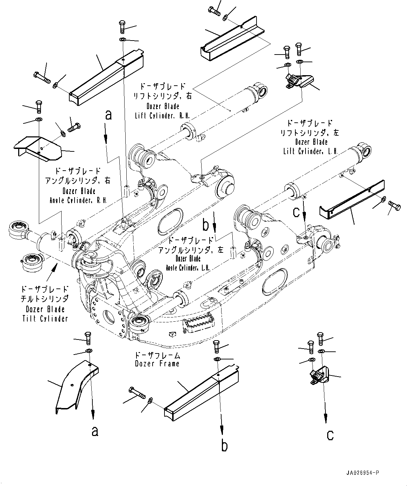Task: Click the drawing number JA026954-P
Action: tap(362, 473)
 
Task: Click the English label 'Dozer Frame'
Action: tap(157, 364)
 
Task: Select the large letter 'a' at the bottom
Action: tap(94, 431)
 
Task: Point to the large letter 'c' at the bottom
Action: tap(330, 435)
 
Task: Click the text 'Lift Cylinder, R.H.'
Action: tap(162, 116)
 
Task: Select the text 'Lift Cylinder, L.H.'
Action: tap(310, 151)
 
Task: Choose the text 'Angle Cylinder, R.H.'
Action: tap(78, 201)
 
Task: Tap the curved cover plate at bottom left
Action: tap(75, 385)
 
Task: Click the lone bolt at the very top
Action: tap(215, 11)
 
